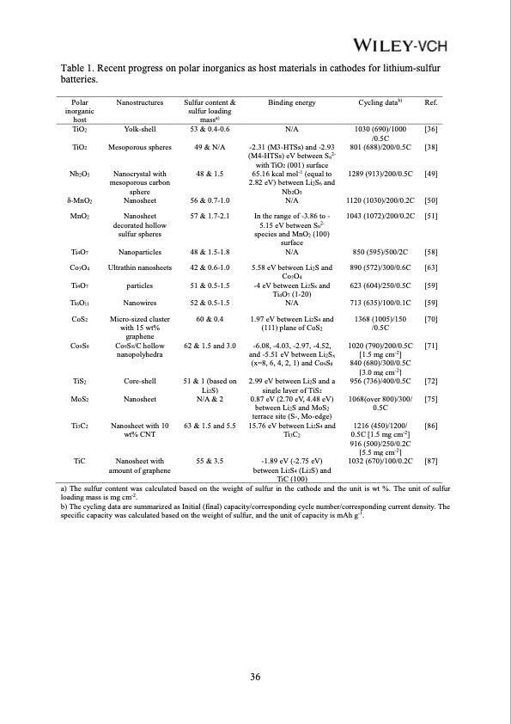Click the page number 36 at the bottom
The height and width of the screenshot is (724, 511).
[x=255, y=678]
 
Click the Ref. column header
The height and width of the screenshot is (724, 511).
[x=432, y=102]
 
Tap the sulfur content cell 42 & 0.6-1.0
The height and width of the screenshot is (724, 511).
[x=210, y=267]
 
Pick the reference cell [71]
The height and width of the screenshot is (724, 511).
[x=432, y=347]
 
